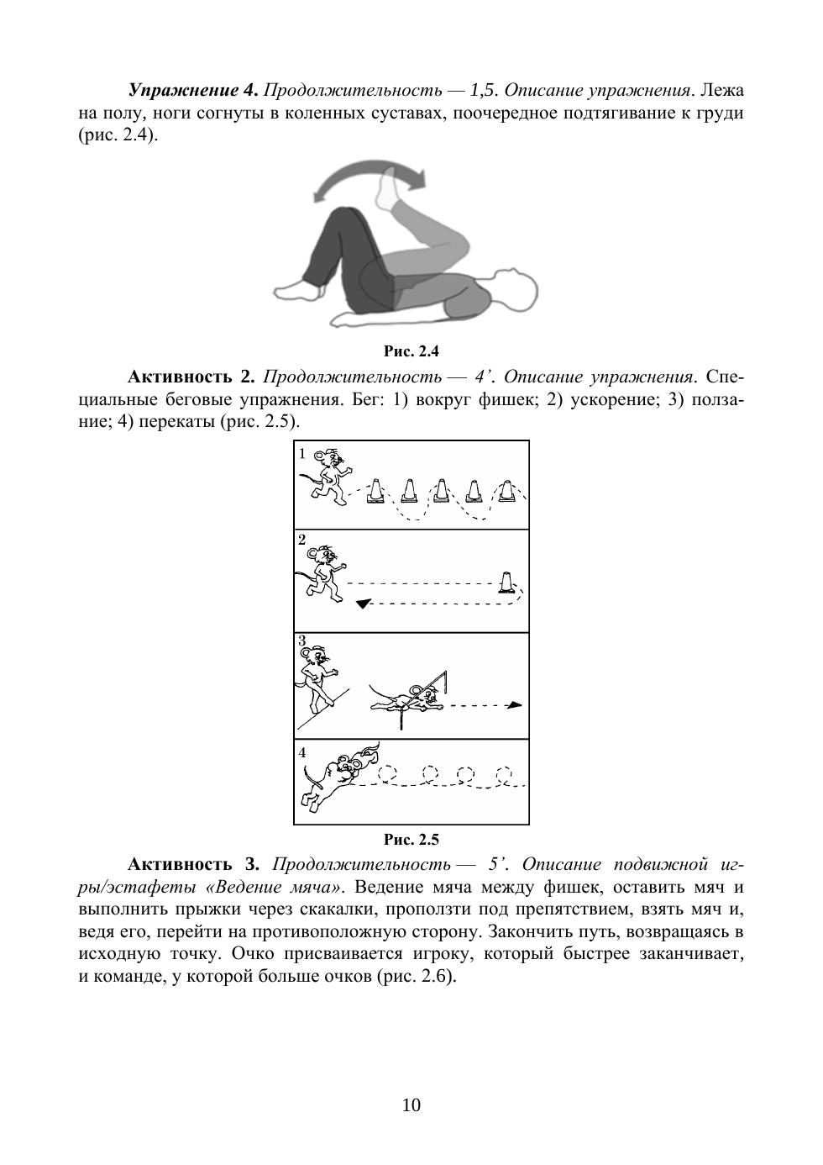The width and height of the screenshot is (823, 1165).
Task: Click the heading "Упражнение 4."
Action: click(x=192, y=90)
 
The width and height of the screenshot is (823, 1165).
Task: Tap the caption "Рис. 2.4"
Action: click(x=411, y=351)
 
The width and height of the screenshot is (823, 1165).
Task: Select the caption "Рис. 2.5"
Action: click(x=411, y=839)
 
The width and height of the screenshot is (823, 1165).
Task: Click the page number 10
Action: click(x=411, y=1104)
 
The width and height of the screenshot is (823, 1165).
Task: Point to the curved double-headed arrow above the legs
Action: click(x=370, y=178)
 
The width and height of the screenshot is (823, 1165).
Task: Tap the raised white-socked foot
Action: click(x=389, y=190)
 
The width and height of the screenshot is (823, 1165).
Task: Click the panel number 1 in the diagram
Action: click(x=302, y=454)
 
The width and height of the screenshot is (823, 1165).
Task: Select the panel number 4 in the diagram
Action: click(x=302, y=752)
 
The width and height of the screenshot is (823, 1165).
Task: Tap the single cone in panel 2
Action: click(x=506, y=582)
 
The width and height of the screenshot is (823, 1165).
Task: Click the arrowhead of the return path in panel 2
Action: click(x=362, y=604)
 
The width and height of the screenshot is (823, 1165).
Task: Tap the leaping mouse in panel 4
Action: click(x=336, y=778)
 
